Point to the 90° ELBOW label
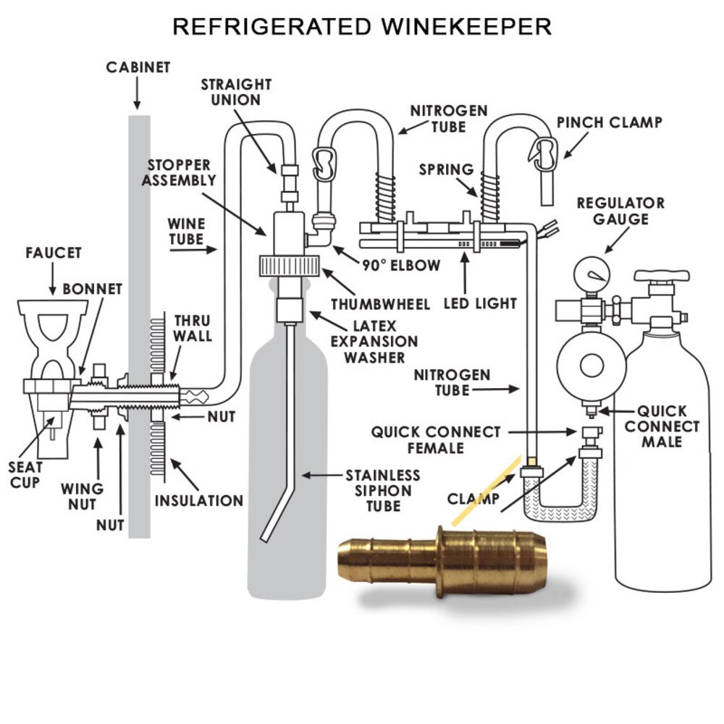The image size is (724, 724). [401, 266]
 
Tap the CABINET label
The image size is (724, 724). [138, 67]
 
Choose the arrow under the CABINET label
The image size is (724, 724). [138, 93]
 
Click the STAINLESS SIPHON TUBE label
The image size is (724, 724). [382, 490]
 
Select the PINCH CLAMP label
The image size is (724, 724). [609, 122]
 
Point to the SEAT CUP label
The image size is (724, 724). [26, 475]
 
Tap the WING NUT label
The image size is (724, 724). [82, 496]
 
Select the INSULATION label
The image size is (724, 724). [199, 500]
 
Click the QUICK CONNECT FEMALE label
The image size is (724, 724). [436, 439]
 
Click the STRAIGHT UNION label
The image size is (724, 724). [236, 92]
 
